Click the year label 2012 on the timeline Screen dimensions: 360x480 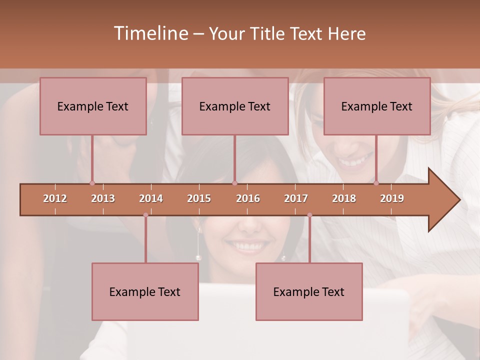click(55, 198)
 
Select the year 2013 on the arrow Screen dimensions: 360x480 click(103, 198)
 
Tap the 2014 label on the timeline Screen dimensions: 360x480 click(151, 198)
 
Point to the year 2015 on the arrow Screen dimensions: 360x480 click(199, 198)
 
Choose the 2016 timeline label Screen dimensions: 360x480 click(248, 198)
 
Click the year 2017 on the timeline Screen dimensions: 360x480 click(296, 198)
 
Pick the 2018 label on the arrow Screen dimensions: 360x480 click(344, 198)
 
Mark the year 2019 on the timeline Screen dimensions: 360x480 click(392, 198)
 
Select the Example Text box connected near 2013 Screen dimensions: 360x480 click(93, 106)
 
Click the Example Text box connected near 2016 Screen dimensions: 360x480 click(235, 106)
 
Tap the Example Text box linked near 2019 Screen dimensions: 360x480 click(377, 106)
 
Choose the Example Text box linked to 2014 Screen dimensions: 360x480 click(145, 292)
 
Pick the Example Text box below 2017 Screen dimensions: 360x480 click(309, 292)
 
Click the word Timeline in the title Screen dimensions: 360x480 click(150, 33)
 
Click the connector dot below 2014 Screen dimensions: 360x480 click(145, 215)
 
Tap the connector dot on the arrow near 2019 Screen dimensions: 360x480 click(376, 183)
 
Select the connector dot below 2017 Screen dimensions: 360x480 click(309, 215)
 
